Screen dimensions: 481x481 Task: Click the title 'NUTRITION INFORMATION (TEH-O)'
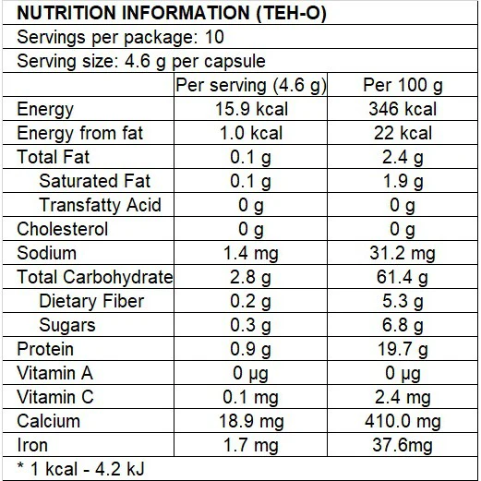pos(172,13)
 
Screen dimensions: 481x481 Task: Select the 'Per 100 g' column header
pos(403,85)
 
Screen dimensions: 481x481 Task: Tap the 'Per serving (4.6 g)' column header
pos(251,86)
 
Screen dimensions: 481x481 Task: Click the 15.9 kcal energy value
pos(251,109)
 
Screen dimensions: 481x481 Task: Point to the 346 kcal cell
pos(403,109)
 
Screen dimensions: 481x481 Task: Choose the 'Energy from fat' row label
pos(80,133)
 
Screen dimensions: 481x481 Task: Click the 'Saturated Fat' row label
pos(95,181)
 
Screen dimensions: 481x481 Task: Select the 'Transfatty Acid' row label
pos(100,205)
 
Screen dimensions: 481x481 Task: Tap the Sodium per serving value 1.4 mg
pos(251,253)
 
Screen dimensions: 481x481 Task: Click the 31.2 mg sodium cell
pos(403,253)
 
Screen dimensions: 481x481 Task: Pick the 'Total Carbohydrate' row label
pos(95,277)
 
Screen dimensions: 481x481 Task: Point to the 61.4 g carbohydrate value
pos(403,277)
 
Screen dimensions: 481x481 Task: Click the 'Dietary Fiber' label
pos(91,301)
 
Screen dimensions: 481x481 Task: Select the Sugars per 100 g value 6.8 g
pos(403,325)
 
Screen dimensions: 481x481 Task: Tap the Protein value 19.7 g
pos(403,349)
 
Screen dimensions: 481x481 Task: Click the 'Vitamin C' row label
pos(55,397)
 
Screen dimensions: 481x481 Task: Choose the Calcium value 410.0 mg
pos(403,421)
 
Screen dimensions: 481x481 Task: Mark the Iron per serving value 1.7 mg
pos(251,445)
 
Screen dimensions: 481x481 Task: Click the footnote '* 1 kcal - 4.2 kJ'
pos(80,469)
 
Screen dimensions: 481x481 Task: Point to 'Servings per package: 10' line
pos(120,37)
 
